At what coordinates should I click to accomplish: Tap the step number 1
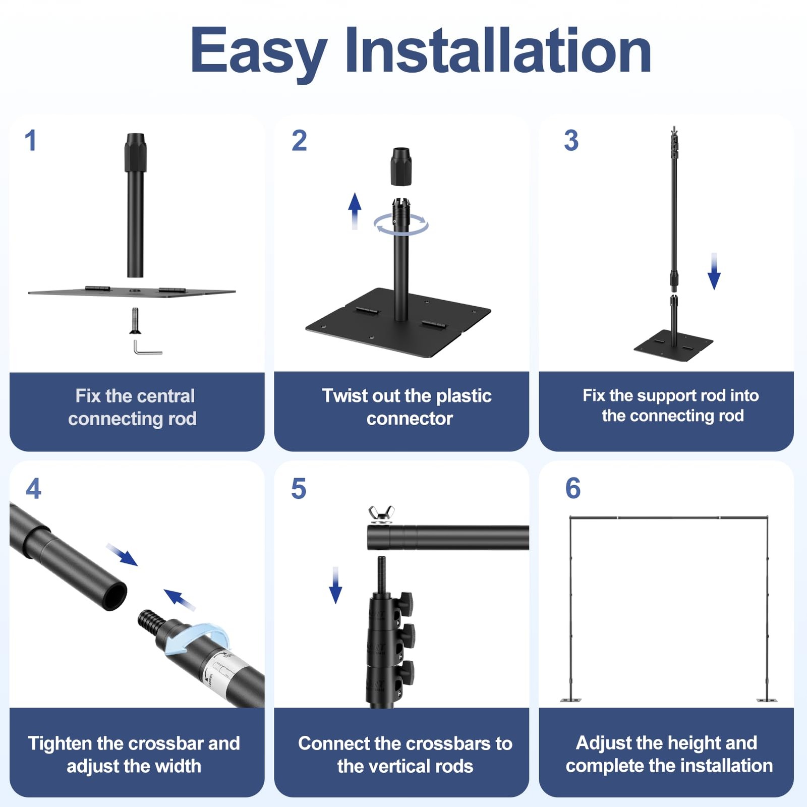pyautogui.click(x=31, y=140)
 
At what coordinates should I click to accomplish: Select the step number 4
pyautogui.click(x=33, y=488)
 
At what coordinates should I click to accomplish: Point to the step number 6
pyautogui.click(x=573, y=488)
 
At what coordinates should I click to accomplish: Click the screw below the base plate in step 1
pyautogui.click(x=135, y=320)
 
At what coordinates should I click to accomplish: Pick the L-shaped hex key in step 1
pyautogui.click(x=148, y=348)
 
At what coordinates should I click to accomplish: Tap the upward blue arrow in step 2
pyautogui.click(x=355, y=211)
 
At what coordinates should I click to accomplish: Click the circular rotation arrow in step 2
pyautogui.click(x=401, y=233)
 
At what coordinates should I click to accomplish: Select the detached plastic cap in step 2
pyautogui.click(x=401, y=166)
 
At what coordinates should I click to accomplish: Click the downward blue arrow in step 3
pyautogui.click(x=714, y=271)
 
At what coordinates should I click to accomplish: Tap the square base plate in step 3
pyautogui.click(x=673, y=344)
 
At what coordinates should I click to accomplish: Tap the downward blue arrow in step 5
pyautogui.click(x=335, y=585)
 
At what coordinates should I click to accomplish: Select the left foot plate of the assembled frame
pyautogui.click(x=570, y=700)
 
